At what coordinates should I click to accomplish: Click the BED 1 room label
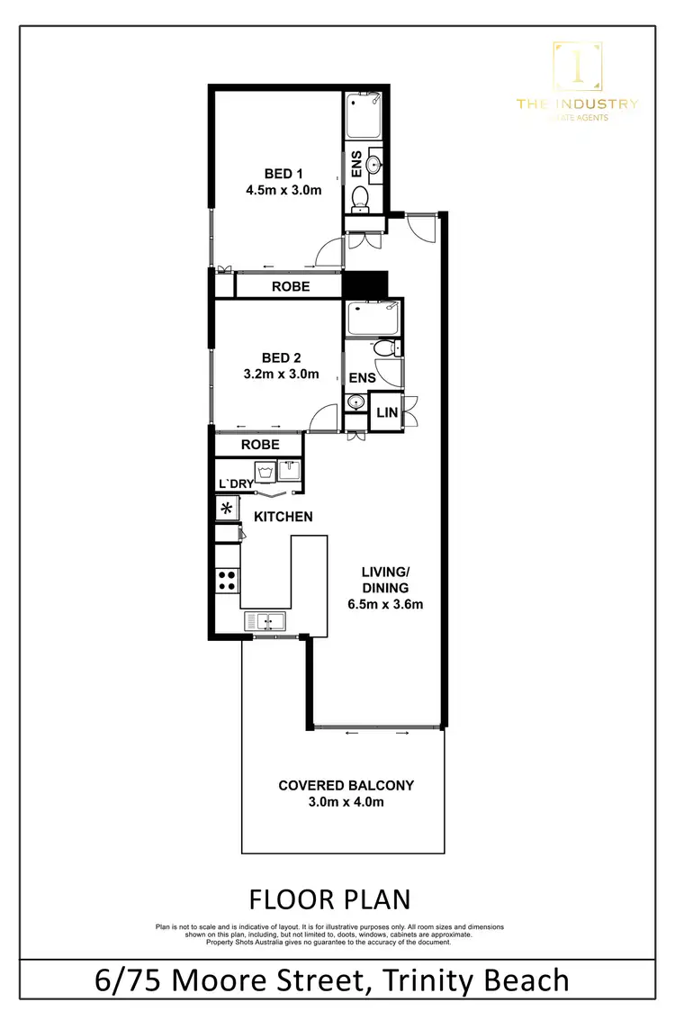[x=283, y=174]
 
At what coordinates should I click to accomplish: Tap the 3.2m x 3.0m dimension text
[x=282, y=375]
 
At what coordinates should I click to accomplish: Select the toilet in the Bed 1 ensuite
[x=358, y=198]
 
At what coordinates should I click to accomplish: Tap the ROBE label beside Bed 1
[x=291, y=286]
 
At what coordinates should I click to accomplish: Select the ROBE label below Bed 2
[x=260, y=445]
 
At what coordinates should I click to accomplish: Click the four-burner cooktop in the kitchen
[x=227, y=581]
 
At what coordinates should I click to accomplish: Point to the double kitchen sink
[x=265, y=620]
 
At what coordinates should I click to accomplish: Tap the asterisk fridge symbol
[x=227, y=509]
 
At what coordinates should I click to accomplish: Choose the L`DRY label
[x=236, y=484]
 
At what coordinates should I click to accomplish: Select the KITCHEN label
[x=283, y=517]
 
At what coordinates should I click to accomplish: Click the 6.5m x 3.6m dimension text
[x=385, y=604]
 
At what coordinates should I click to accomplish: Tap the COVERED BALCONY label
[x=346, y=785]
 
